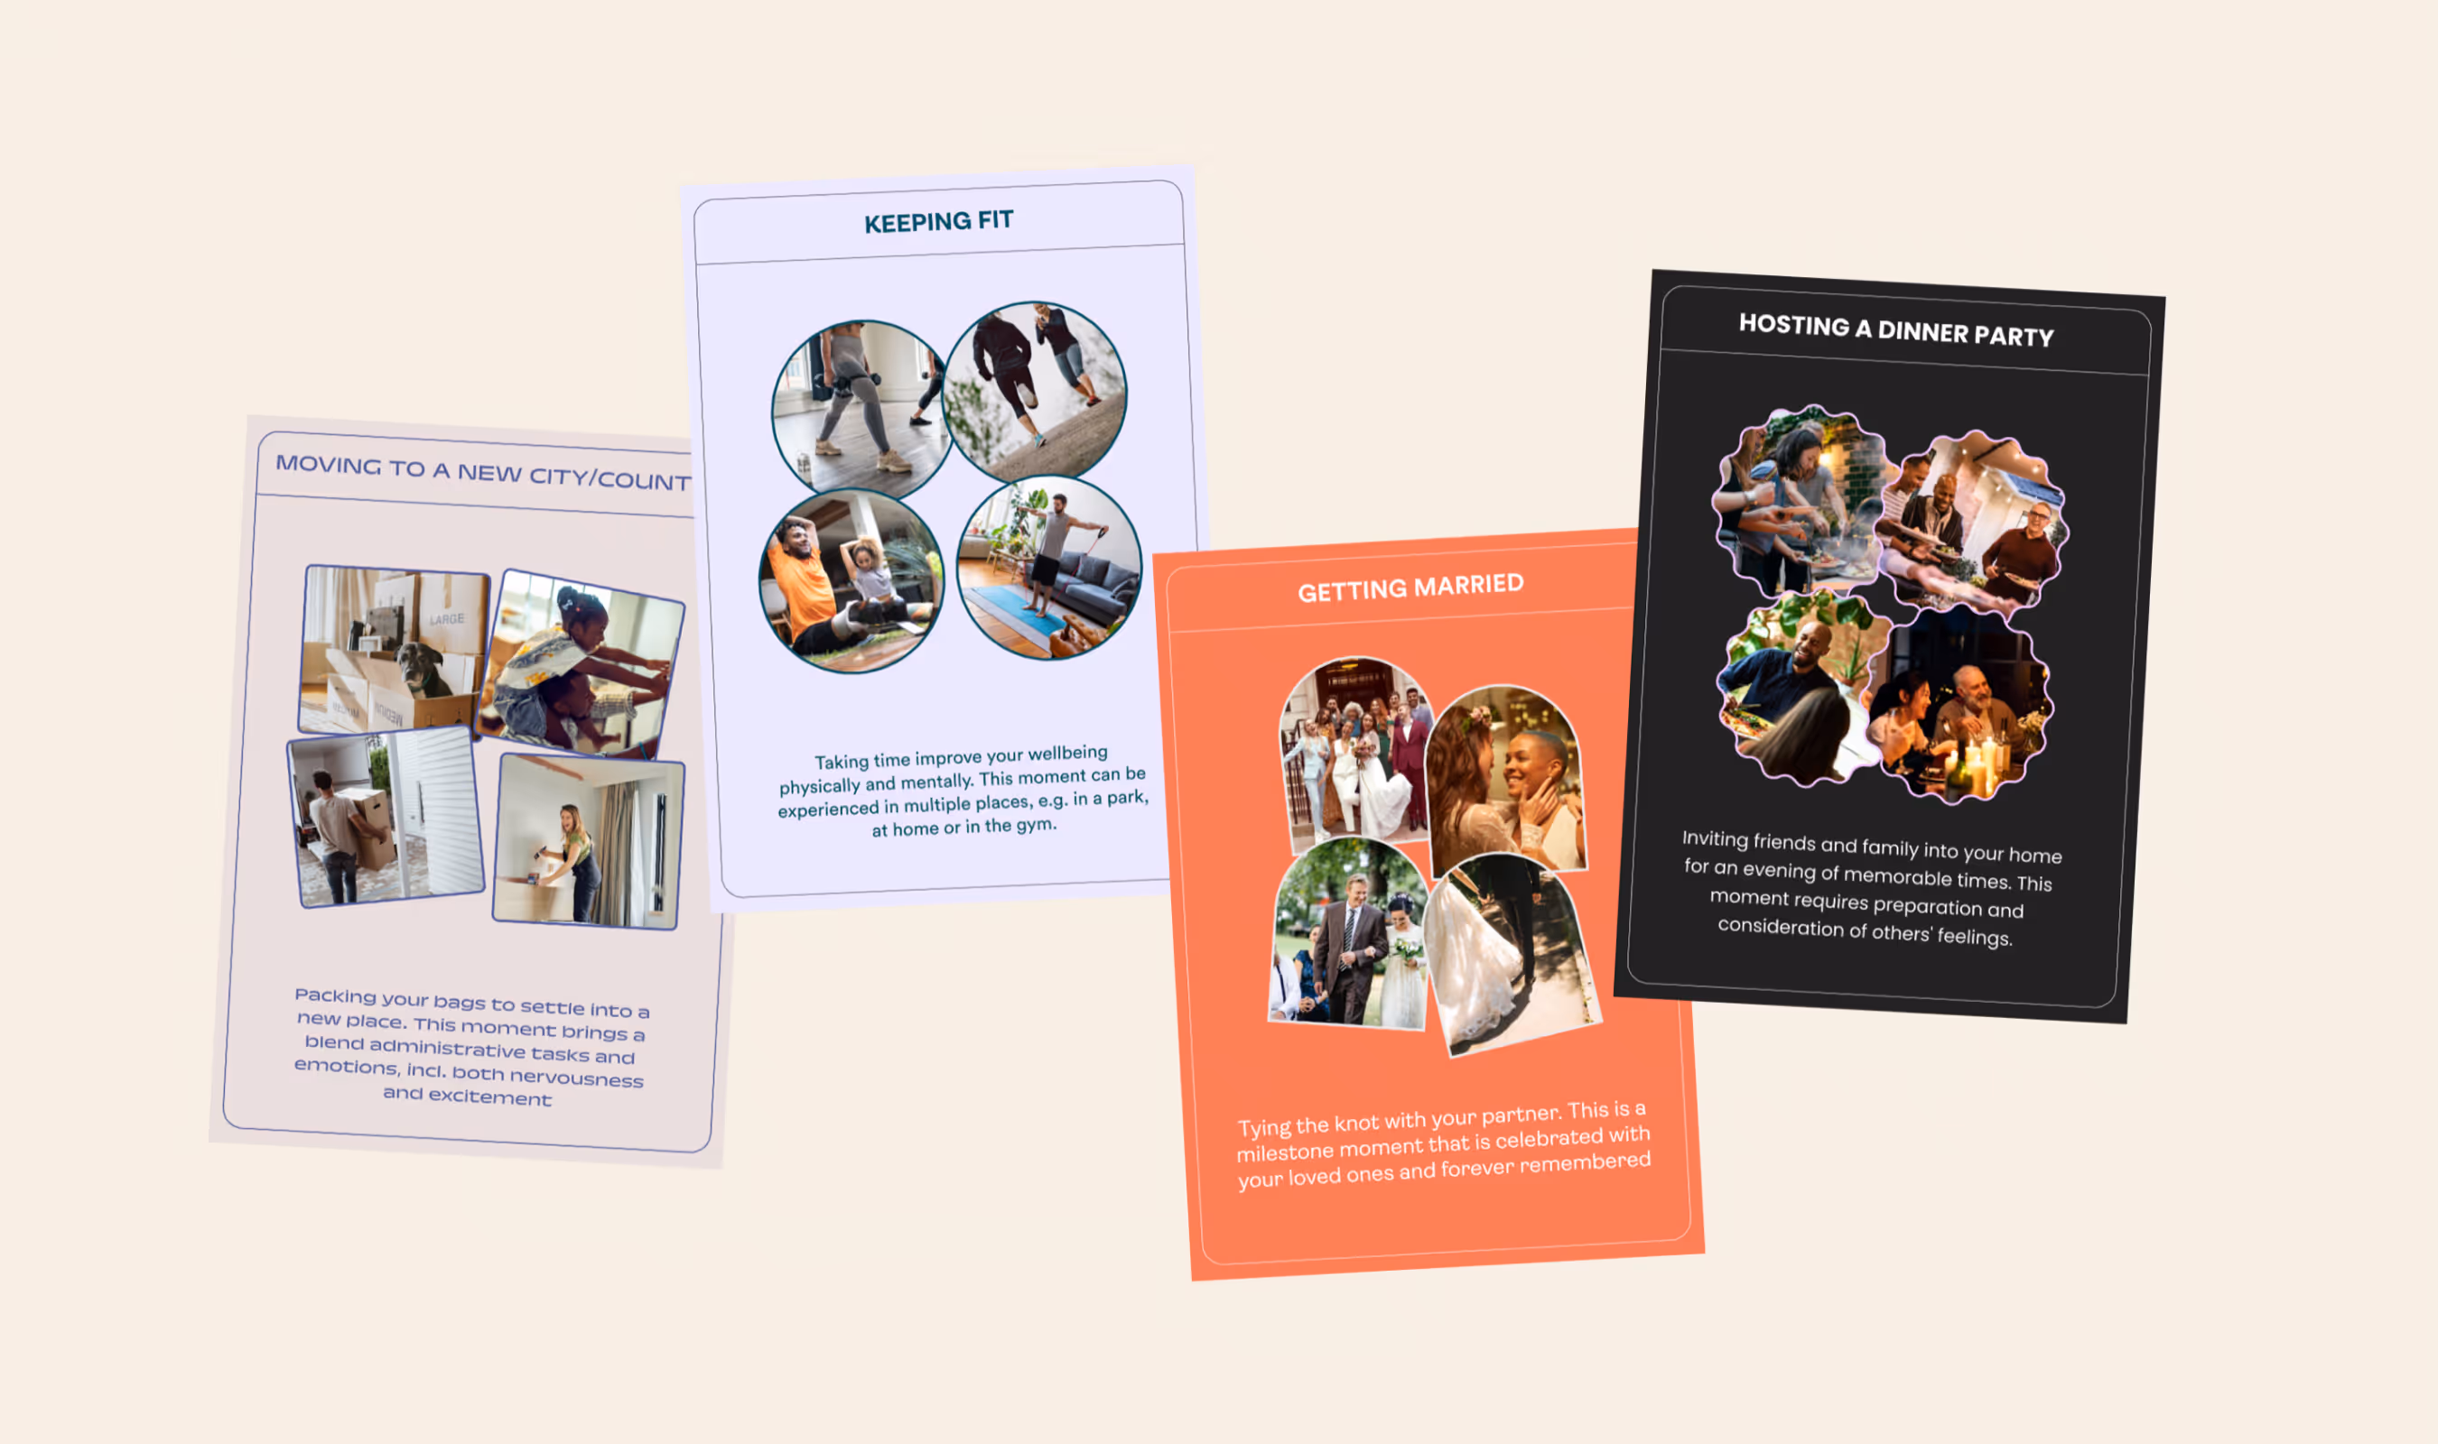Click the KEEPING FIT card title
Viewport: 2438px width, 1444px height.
pyautogui.click(x=938, y=221)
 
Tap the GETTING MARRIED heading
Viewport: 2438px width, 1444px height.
pyautogui.click(x=1410, y=587)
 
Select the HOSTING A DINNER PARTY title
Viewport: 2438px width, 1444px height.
pyautogui.click(x=1896, y=329)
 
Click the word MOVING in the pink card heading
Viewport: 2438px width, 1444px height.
pyautogui.click(x=328, y=464)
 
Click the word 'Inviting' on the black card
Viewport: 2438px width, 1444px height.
pyautogui.click(x=1714, y=838)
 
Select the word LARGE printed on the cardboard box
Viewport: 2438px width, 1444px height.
pyautogui.click(x=447, y=619)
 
